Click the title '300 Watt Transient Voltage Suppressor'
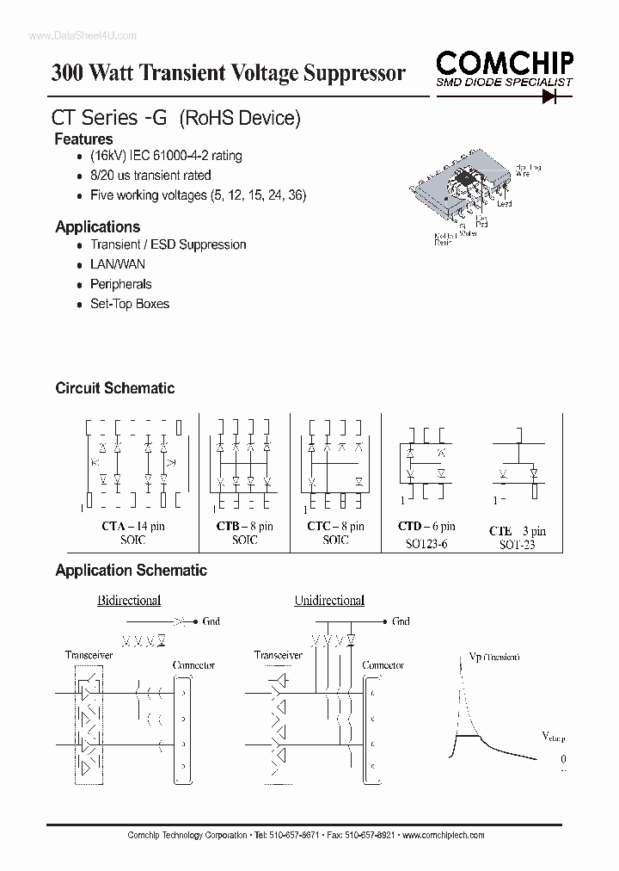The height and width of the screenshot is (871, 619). click(x=228, y=73)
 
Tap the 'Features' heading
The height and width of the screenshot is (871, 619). click(x=83, y=139)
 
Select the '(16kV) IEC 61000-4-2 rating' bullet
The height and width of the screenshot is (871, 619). click(x=166, y=156)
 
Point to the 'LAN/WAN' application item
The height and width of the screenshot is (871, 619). click(x=118, y=264)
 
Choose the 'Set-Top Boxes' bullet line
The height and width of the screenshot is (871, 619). click(x=130, y=304)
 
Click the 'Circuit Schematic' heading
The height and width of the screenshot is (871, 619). click(x=114, y=388)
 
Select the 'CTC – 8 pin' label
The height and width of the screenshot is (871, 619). click(x=334, y=526)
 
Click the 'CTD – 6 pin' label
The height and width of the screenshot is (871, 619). click(x=426, y=526)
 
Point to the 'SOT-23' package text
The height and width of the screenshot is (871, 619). click(x=516, y=545)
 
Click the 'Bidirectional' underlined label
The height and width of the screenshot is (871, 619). click(x=129, y=600)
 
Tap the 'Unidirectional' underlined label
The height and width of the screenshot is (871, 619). click(x=329, y=600)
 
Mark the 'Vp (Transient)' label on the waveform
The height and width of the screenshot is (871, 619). click(x=493, y=657)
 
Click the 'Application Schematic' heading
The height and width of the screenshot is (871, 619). click(x=131, y=570)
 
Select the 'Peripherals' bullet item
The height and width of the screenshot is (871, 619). click(x=120, y=284)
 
